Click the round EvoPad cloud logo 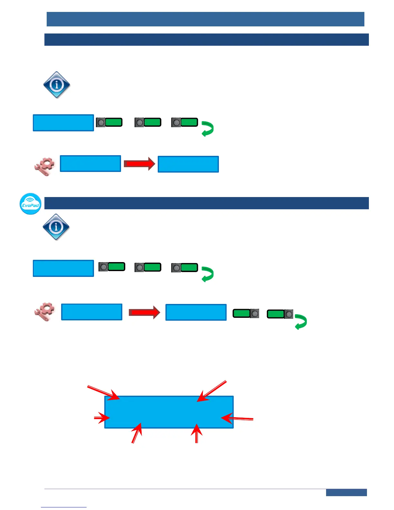[31, 204]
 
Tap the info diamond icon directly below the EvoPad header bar [56, 227]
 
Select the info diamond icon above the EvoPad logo [57, 85]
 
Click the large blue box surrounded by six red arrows [169, 412]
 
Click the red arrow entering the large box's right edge [237, 419]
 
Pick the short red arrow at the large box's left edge [102, 418]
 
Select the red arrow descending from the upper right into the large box [211, 391]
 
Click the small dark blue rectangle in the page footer [346, 492]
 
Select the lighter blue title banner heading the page [205, 19]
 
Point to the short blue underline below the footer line [64, 507]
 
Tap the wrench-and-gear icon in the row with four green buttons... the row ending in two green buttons [44, 312]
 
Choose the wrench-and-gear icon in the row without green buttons [44, 166]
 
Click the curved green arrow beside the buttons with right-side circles [301, 322]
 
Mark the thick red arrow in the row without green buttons [139, 164]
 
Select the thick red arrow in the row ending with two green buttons [144, 312]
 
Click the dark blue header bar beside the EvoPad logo [206, 203]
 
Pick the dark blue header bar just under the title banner [206, 40]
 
